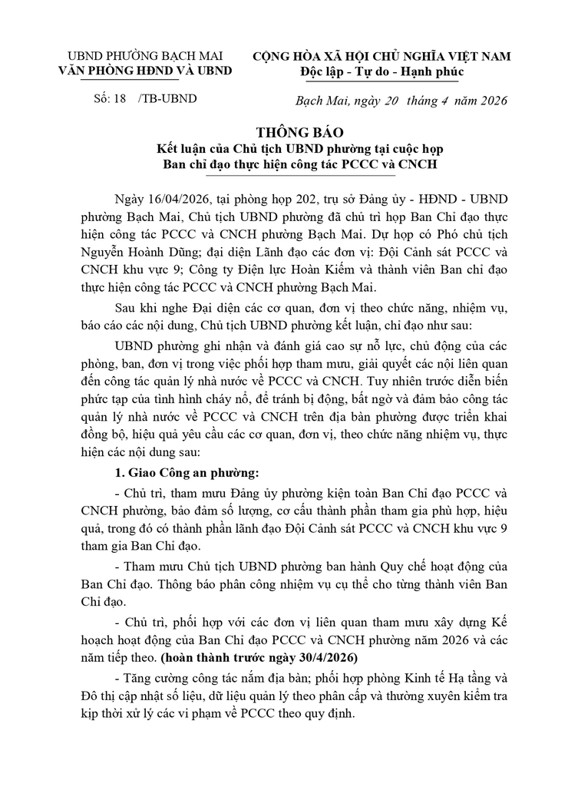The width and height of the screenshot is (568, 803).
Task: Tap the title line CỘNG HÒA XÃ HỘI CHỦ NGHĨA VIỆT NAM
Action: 381,56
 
